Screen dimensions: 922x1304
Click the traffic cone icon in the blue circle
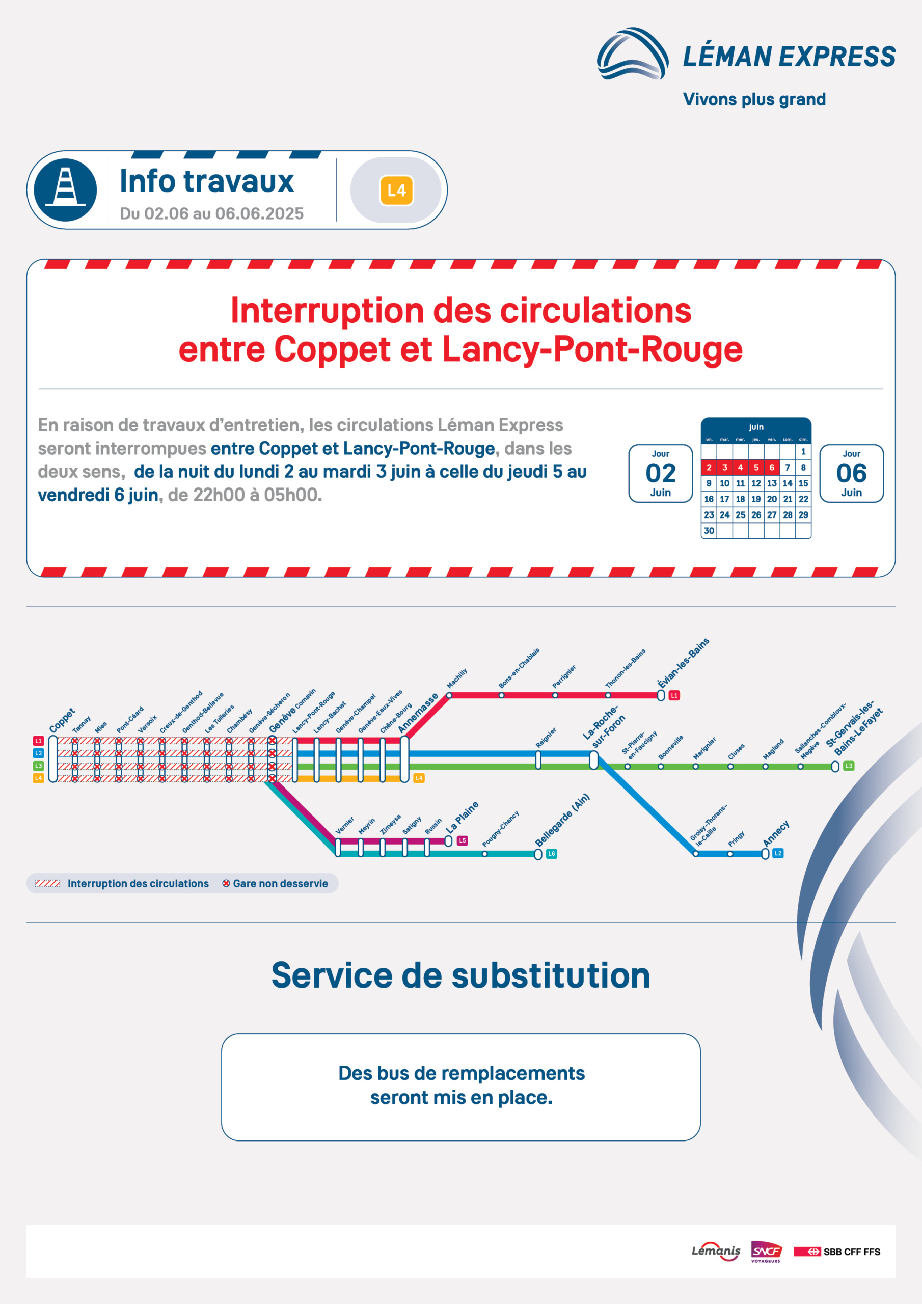[x=65, y=189]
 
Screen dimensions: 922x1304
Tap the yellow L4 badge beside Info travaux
[x=396, y=191]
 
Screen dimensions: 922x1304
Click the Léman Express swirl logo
[x=632, y=53]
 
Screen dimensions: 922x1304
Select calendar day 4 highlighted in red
[x=740, y=468]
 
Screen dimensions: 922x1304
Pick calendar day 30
[x=709, y=530]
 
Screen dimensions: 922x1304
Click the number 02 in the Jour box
[x=661, y=473]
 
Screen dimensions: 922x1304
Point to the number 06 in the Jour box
[x=852, y=473]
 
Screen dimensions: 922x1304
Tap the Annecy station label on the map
[x=776, y=833]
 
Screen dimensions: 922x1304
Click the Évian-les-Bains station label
[x=684, y=663]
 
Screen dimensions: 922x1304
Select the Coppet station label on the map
[x=62, y=720]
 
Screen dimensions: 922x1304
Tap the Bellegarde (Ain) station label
[x=562, y=820]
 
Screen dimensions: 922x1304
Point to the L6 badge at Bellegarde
[x=551, y=854]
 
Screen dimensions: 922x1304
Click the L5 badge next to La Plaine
[x=463, y=840]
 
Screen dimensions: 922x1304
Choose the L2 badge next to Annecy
[x=778, y=853]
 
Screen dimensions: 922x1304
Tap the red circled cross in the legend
[x=226, y=883]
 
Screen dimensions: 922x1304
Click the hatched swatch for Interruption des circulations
[x=47, y=883]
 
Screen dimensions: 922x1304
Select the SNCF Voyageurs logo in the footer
[x=766, y=1251]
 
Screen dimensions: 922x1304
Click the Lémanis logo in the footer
[x=716, y=1251]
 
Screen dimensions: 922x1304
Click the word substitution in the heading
[x=551, y=975]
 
